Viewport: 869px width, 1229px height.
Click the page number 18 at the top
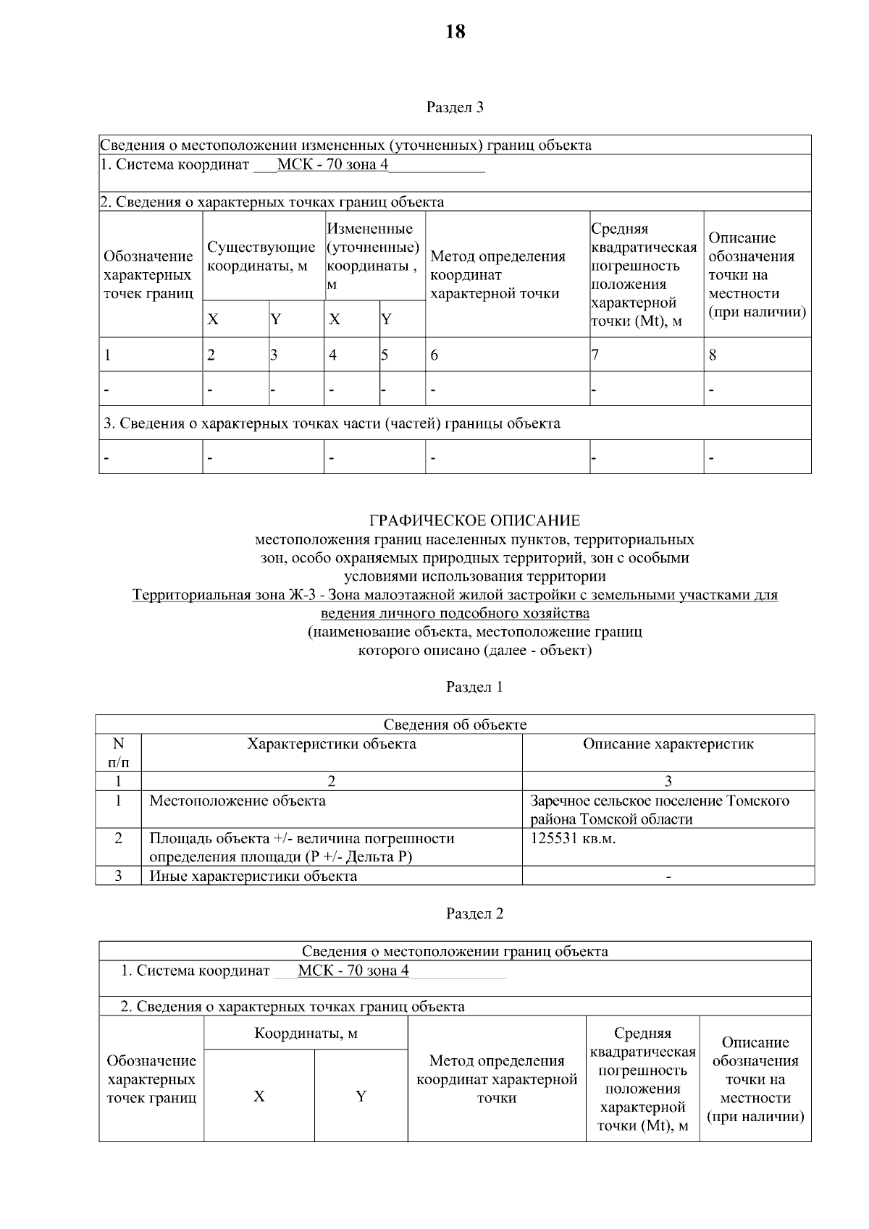(455, 32)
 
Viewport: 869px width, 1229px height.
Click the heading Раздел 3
(455, 108)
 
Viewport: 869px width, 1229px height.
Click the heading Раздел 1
(474, 687)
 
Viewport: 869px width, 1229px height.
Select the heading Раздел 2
(474, 913)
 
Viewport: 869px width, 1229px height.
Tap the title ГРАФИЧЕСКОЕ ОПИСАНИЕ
(474, 520)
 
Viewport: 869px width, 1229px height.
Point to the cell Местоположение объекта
(238, 801)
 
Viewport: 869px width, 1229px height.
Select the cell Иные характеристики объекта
(253, 876)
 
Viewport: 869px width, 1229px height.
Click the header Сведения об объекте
(455, 725)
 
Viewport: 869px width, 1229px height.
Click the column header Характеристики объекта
(332, 744)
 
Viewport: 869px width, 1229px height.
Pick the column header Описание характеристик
(668, 744)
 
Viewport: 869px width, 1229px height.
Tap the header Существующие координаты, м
(261, 257)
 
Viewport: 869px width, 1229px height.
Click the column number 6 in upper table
(434, 355)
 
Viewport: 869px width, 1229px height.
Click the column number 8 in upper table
(713, 355)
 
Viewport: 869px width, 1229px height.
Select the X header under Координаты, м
(259, 1096)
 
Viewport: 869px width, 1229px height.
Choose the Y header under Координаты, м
(361, 1096)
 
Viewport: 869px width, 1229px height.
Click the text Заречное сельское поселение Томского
(660, 801)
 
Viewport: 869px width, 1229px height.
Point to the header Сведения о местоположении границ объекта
(455, 951)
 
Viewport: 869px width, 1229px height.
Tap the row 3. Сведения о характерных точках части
(332, 423)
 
